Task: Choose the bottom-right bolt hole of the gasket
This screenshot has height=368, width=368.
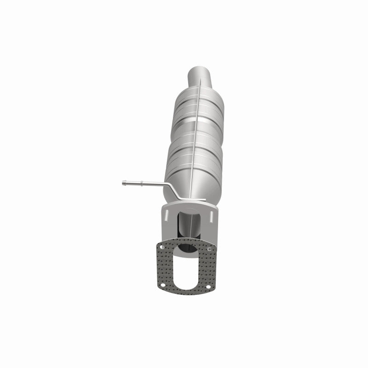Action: click(208, 289)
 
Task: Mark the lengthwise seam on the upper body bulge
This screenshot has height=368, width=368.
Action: click(198, 110)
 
